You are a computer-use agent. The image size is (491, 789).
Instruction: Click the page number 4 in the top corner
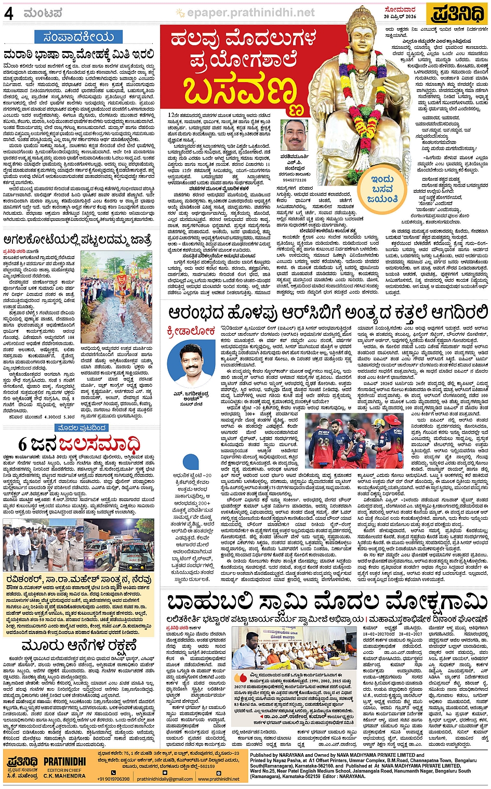tap(9, 14)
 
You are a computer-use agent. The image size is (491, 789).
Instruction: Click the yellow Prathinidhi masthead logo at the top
tap(457, 14)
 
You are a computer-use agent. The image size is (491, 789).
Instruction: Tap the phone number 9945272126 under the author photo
tap(294, 180)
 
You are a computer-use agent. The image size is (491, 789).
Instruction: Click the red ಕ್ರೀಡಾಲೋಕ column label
tap(191, 331)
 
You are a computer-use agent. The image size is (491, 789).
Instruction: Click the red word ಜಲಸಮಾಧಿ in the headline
tap(99, 445)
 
